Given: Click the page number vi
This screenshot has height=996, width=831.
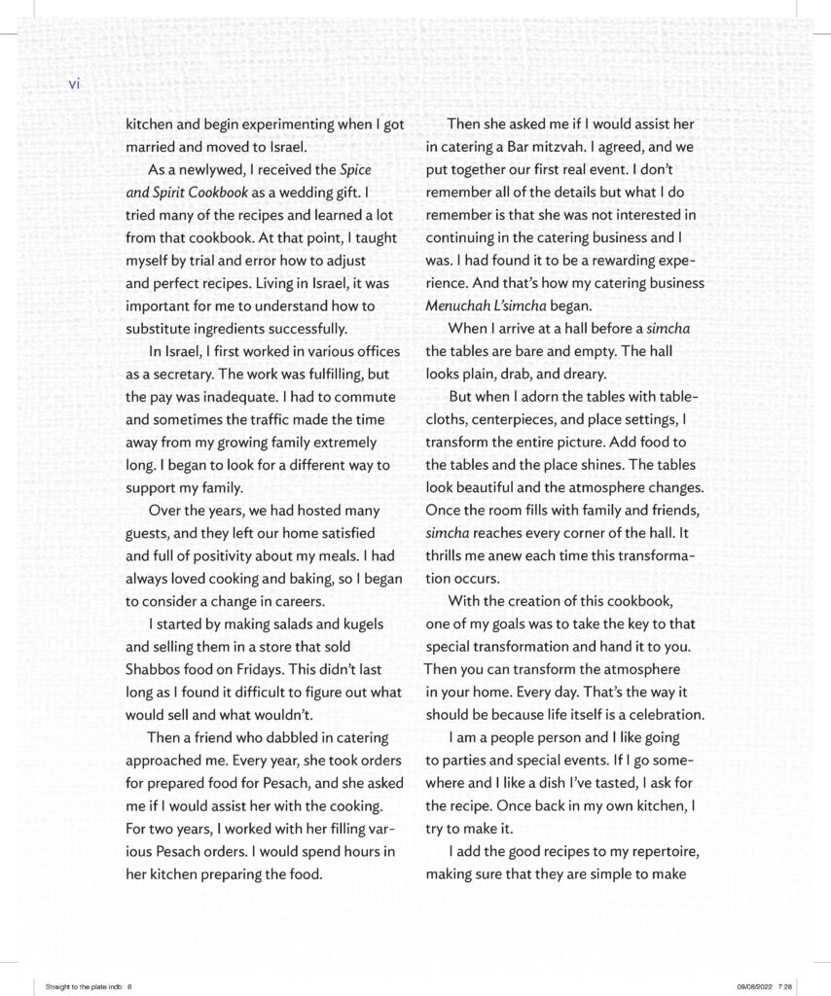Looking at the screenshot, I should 74,84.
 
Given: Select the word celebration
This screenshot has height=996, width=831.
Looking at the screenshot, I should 662,715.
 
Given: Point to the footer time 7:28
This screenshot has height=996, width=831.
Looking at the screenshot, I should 786,983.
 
